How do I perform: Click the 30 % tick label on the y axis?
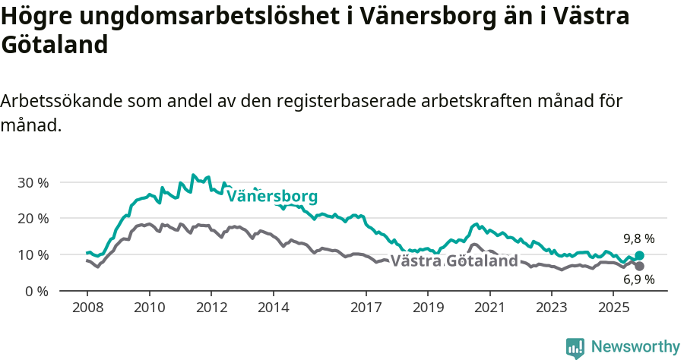pyautogui.click(x=33, y=182)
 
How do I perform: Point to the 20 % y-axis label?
pyautogui.click(x=33, y=219)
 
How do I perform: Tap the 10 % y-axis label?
pyautogui.click(x=33, y=254)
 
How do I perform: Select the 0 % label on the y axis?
pyautogui.click(x=36, y=291)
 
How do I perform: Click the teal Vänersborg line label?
pyautogui.click(x=272, y=196)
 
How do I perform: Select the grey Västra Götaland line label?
pyautogui.click(x=454, y=261)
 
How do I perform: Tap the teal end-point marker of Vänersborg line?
pyautogui.click(x=639, y=256)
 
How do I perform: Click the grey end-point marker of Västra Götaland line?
pyautogui.click(x=639, y=267)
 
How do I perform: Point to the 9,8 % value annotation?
pyautogui.click(x=639, y=238)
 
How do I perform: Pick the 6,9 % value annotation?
pyautogui.click(x=639, y=280)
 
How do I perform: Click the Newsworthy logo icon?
pyautogui.click(x=575, y=348)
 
